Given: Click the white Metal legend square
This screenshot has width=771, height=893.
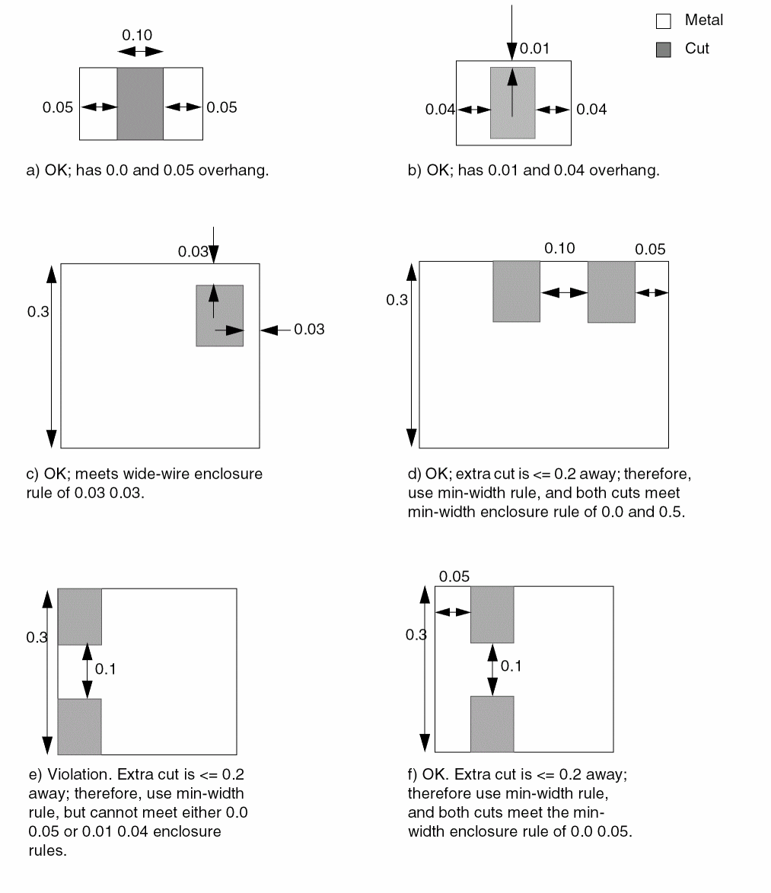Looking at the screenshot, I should [664, 21].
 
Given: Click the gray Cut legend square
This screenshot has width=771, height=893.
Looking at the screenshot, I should [664, 49].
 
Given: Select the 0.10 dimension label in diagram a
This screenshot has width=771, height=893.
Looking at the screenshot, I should [137, 35].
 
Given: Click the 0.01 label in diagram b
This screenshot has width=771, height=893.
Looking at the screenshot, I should [534, 49].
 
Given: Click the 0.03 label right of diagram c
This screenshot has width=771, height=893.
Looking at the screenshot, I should [309, 330].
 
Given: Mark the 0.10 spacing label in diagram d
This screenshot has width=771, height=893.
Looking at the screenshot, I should [560, 248].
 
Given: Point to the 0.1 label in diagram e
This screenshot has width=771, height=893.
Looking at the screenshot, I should [106, 668].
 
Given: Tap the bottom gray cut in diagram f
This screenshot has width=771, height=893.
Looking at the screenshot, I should [492, 723].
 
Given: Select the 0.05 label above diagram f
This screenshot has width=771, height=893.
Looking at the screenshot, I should [454, 576].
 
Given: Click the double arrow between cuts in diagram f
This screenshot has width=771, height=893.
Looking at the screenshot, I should [492, 669].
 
